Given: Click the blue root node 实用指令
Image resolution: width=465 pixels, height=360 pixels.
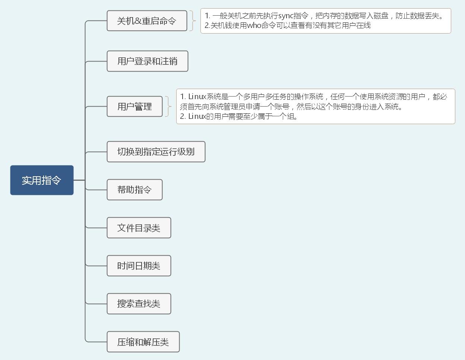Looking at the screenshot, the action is click(x=42, y=180).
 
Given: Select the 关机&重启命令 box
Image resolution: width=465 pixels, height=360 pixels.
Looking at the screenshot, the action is click(x=147, y=21).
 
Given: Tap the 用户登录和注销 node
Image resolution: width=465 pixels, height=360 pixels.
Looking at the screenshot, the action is click(x=148, y=61).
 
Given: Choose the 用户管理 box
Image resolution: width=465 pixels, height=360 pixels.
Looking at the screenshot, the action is click(x=135, y=106).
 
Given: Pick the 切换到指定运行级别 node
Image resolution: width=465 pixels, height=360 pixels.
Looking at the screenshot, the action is click(x=156, y=152).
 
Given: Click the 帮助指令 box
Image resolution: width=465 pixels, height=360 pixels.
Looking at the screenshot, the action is click(x=135, y=190).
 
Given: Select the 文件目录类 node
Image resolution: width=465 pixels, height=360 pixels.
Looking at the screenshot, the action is click(x=139, y=228).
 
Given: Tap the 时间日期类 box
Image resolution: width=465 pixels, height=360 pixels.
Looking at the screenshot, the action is click(x=139, y=266).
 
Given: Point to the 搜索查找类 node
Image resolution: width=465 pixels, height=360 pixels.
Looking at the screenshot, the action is click(x=139, y=304).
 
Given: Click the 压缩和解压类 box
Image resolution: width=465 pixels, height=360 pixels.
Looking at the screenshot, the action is click(x=143, y=342).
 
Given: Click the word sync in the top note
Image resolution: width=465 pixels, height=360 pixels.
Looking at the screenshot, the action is click(x=286, y=16).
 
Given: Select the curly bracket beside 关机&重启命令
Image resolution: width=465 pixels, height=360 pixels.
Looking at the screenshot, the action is click(x=193, y=21).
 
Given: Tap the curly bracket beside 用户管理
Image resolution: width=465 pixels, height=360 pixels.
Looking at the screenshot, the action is click(x=168, y=106).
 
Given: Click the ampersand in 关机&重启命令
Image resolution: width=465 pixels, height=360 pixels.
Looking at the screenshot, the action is click(x=138, y=21).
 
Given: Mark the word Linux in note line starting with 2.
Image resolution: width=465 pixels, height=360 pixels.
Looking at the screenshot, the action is click(x=197, y=116).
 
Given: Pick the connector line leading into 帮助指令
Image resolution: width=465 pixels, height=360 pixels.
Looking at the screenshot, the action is click(x=96, y=190).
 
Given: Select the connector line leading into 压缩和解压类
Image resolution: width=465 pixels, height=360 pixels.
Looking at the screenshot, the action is click(x=96, y=342).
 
